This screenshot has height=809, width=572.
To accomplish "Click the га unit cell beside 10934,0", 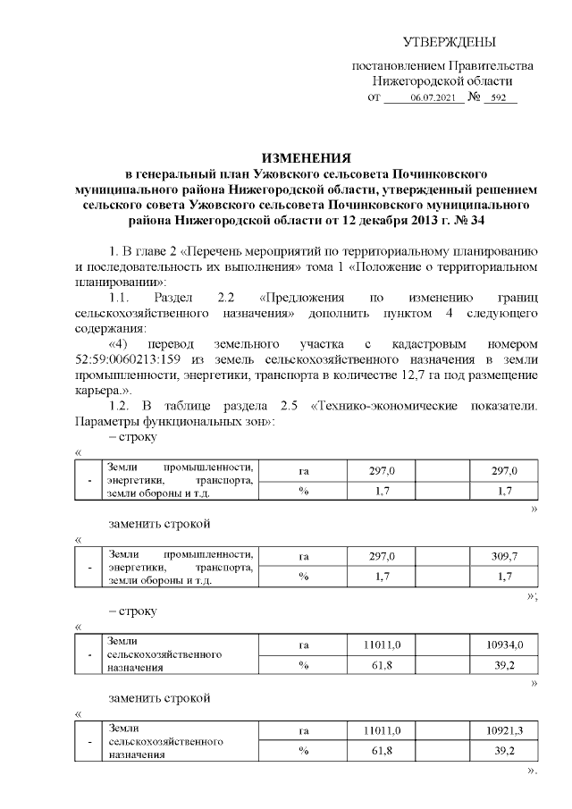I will [x=303, y=645].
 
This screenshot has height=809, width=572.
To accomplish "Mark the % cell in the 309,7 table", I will [x=303, y=576].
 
